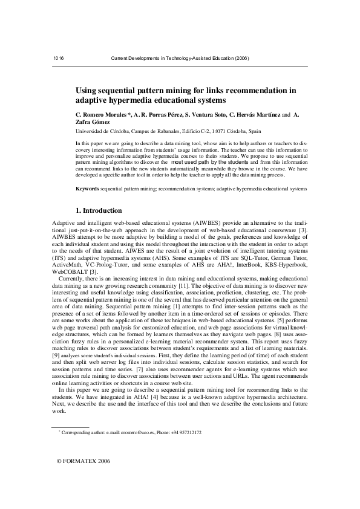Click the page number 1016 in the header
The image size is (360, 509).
coord(59,58)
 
